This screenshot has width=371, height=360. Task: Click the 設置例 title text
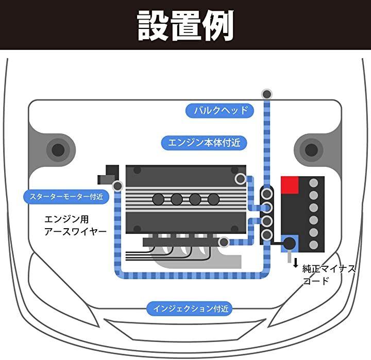[185, 25]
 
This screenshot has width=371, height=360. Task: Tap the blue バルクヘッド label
[220, 110]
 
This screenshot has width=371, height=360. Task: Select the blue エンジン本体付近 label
[204, 143]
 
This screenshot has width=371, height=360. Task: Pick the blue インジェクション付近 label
[190, 309]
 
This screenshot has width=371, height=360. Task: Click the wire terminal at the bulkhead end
[266, 94]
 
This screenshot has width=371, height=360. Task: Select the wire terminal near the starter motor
[117, 185]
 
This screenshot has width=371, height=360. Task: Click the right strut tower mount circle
[311, 150]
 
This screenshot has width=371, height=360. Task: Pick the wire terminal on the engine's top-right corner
[240, 179]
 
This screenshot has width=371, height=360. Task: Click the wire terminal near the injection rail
[224, 242]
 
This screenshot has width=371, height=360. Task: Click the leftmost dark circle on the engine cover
[158, 199]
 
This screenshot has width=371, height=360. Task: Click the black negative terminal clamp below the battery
[290, 243]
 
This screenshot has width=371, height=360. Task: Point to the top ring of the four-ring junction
[266, 194]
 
